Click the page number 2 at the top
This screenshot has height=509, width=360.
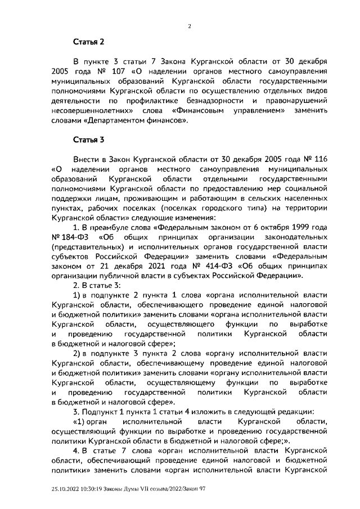coord(189,26)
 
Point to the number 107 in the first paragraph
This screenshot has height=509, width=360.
coord(112,72)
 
